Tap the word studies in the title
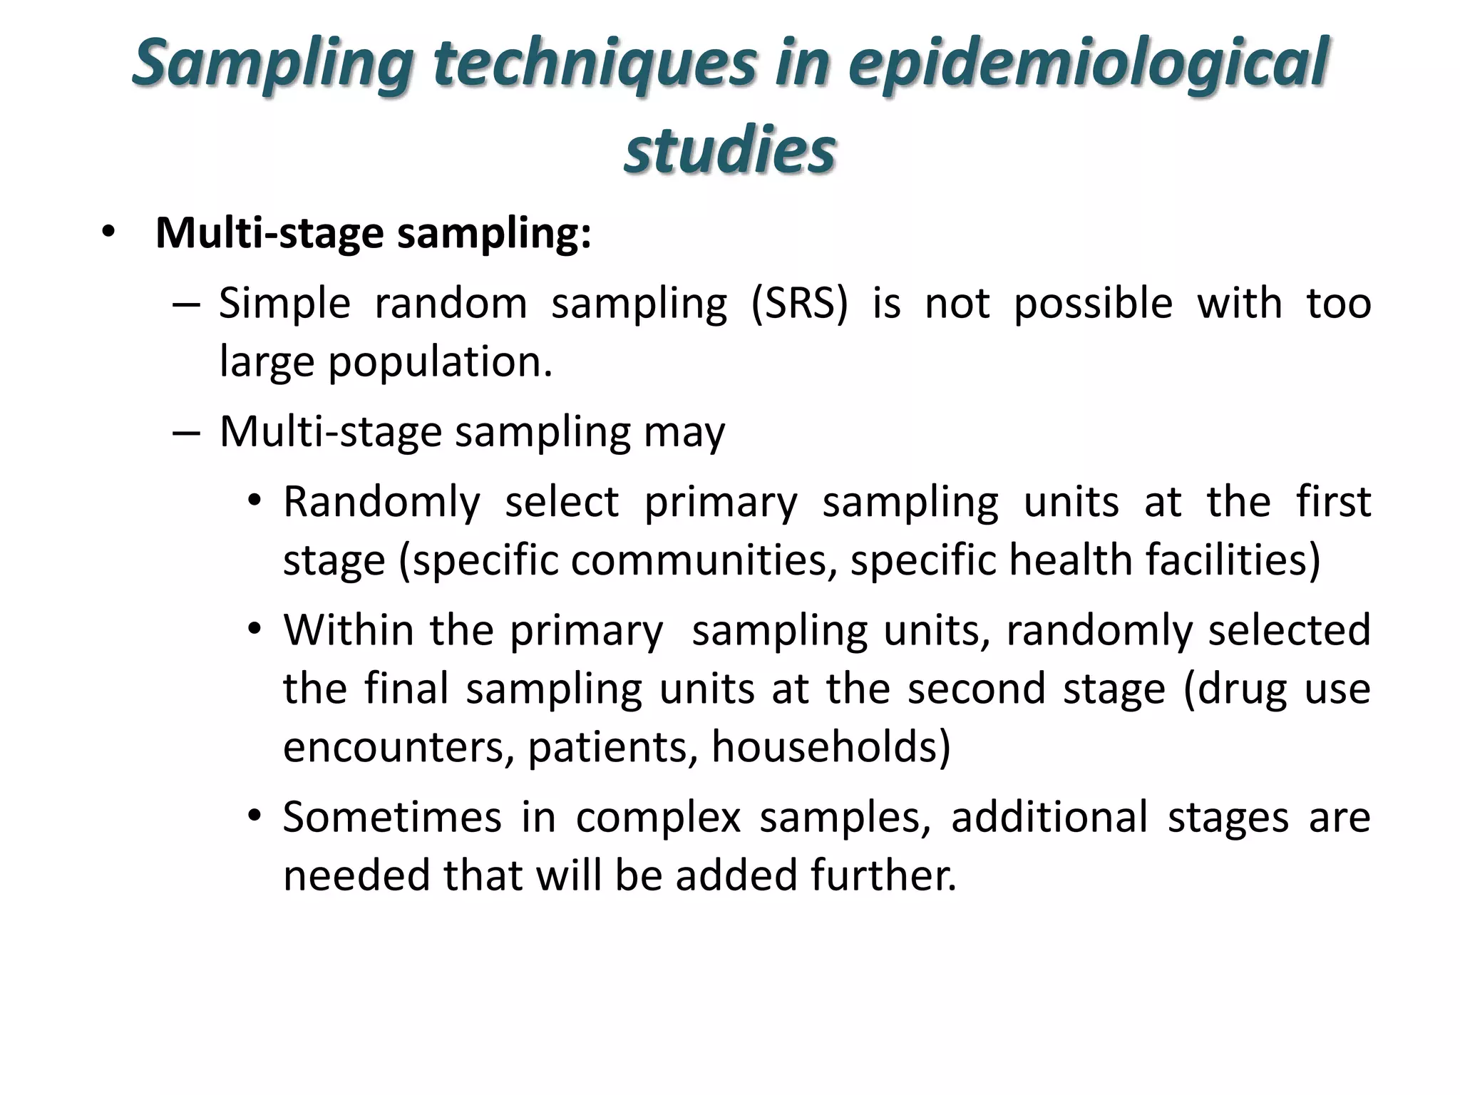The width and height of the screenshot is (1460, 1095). click(729, 150)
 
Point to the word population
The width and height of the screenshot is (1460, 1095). click(440, 362)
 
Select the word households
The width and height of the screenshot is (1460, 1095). click(831, 747)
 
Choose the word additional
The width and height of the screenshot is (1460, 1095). click(1049, 817)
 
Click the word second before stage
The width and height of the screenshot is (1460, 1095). click(977, 689)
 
